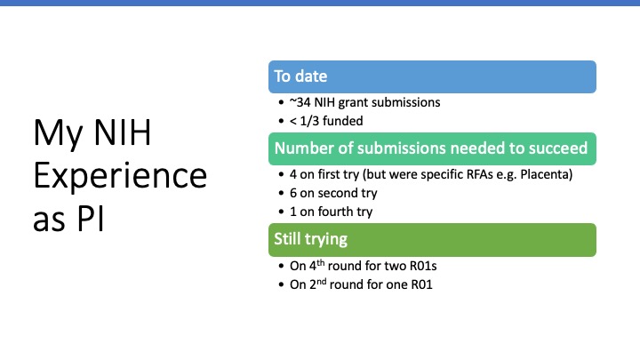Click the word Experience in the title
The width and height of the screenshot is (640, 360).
(120, 176)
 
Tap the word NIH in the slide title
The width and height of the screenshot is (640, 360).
(122, 132)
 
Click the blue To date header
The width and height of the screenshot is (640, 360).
(432, 76)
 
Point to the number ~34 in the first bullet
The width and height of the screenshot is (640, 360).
(300, 102)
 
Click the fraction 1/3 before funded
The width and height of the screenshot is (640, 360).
(309, 121)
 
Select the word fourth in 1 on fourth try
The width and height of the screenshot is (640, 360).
(335, 212)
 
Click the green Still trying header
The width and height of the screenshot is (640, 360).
(432, 240)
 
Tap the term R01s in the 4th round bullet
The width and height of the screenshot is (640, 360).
(423, 266)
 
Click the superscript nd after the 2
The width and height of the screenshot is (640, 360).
(321, 282)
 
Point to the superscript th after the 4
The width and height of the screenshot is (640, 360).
(320, 263)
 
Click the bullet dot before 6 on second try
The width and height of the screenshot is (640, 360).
(281, 193)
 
